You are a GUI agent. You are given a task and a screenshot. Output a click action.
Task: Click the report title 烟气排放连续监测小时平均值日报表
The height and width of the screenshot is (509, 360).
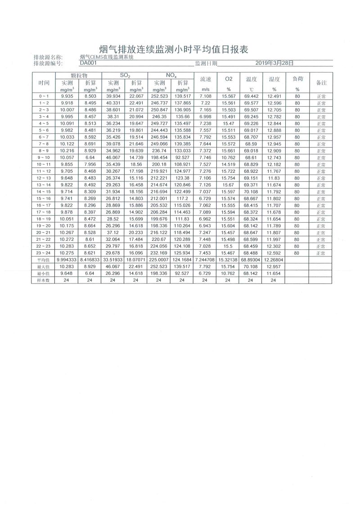point(173,49)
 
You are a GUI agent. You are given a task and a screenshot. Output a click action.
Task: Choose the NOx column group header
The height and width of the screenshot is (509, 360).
point(171,75)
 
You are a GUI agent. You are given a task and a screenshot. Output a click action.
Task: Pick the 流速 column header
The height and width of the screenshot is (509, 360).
point(205,79)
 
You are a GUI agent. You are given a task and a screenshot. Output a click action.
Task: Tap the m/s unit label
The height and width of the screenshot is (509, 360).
point(205,90)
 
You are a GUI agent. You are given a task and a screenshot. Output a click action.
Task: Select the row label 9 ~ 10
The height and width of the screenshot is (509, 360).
point(44,158)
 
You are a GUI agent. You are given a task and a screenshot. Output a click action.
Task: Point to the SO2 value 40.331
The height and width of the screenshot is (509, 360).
point(113,103)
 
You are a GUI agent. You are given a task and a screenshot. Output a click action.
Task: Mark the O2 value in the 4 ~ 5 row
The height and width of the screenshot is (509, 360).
point(228,123)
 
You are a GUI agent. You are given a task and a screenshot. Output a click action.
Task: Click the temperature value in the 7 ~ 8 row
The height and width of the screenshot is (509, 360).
point(251,144)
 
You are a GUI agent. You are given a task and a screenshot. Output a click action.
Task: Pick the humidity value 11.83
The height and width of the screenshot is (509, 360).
point(274,178)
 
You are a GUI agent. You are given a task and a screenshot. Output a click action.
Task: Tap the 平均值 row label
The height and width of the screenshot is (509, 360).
point(44,260)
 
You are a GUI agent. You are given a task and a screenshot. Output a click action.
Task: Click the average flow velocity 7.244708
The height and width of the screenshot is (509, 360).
point(205,260)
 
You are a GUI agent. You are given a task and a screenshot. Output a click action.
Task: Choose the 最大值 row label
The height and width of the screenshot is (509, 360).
point(44,267)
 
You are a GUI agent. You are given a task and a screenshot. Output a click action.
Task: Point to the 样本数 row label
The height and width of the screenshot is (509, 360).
point(44,280)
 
